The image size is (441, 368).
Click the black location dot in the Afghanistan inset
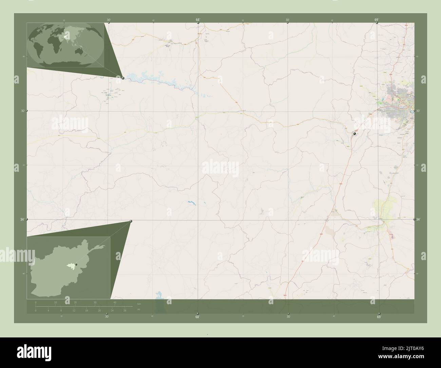coord(76,264)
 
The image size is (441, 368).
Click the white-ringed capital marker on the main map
coord(354,134)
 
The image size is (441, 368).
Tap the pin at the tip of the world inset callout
coord(123,78)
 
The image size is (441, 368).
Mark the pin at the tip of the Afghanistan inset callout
coord(131,221)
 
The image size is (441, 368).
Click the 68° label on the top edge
coord(198,20)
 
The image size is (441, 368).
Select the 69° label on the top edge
coord(377,20)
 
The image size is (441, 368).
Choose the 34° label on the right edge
coord(419,220)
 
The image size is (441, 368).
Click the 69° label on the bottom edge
coord(379,317)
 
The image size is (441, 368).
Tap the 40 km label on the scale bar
coord(115,302)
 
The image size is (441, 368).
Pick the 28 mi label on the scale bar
coord(125,311)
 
